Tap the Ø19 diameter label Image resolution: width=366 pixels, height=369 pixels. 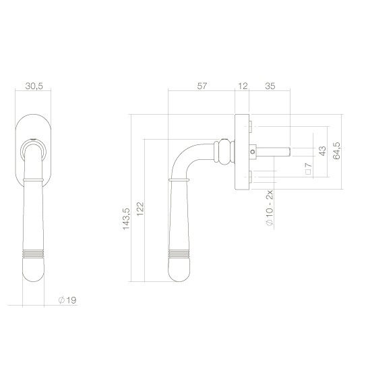67,300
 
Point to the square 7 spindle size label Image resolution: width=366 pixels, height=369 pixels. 307,171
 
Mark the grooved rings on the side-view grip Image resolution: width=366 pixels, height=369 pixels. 179,256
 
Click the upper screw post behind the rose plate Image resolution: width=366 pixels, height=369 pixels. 251,126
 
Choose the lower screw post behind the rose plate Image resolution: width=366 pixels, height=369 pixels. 251,177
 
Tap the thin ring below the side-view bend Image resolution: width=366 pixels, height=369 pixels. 179,180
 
